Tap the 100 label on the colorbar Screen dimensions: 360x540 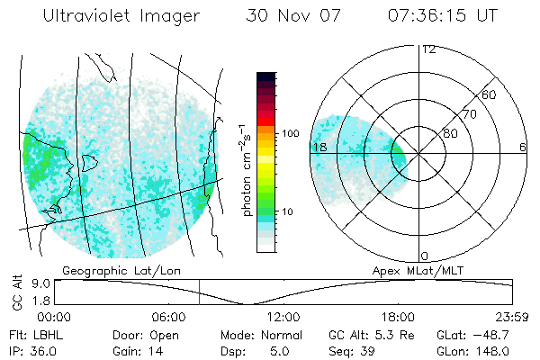tap(290, 132)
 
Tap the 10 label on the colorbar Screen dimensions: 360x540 tap(287, 212)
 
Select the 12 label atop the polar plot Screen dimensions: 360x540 tap(428, 49)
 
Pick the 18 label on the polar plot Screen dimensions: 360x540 tap(319, 147)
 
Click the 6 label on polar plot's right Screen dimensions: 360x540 tap(523, 147)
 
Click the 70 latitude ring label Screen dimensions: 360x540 tap(470, 114)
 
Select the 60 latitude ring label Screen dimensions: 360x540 tap(489, 94)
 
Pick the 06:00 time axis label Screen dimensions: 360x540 tap(169, 317)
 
